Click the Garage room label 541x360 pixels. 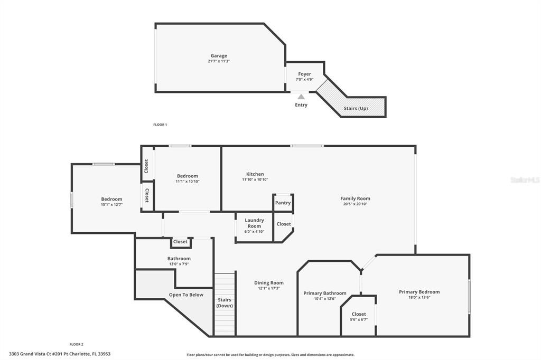coord(219,55)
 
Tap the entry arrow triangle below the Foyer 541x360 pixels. coord(301,97)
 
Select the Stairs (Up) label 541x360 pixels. coord(356,108)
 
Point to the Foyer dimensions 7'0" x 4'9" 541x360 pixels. coord(304,80)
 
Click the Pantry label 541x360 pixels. coord(283,203)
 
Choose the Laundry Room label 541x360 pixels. coord(255,223)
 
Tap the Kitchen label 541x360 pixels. coord(255,174)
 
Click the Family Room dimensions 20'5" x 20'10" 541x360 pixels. coord(355,204)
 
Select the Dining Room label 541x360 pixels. coord(269,283)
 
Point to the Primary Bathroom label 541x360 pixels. coord(325,293)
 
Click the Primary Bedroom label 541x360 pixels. coord(419,292)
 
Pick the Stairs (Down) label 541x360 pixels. coord(225,302)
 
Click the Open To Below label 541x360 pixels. coord(186,295)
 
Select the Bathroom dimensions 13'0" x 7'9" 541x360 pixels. coord(179,264)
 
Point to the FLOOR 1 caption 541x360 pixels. coord(160,125)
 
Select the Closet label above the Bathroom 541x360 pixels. coord(180,242)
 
